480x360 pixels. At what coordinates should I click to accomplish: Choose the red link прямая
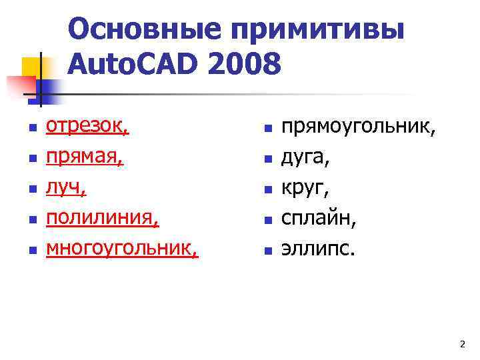point(84,157)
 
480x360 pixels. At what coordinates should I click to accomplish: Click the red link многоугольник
point(121,249)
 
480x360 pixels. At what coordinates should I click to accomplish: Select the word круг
point(305,188)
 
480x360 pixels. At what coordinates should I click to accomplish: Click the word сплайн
point(317,219)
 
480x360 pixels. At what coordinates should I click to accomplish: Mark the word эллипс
point(318,249)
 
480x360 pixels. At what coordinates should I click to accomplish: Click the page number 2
point(462,344)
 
